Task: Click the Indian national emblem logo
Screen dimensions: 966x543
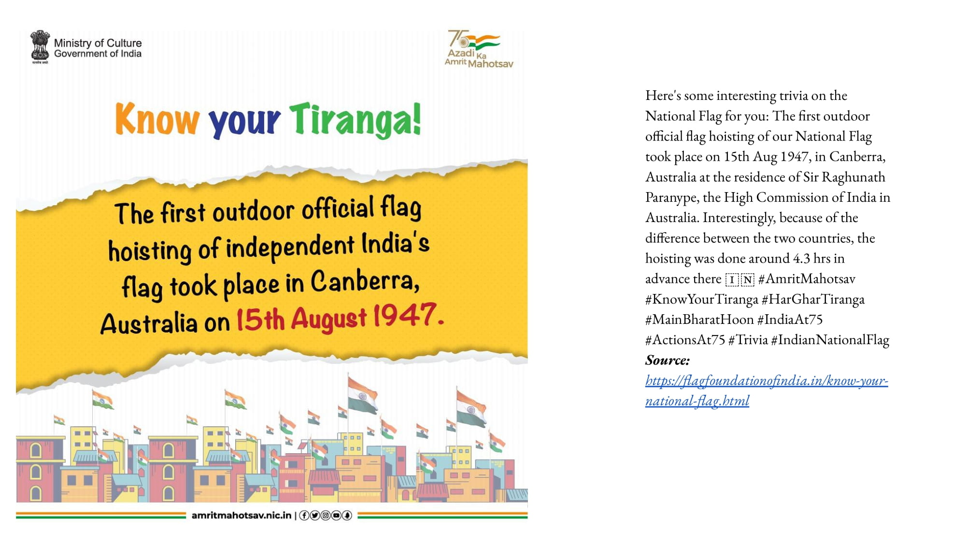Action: coord(40,47)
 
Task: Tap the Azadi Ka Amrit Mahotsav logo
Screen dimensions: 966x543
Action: coord(479,49)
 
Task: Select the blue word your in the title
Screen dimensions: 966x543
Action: coord(244,122)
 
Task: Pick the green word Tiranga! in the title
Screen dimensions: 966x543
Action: coord(355,120)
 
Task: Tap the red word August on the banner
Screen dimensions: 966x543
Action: coord(329,319)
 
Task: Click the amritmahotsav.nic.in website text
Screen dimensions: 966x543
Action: coord(241,515)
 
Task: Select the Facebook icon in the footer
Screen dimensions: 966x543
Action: coord(304,515)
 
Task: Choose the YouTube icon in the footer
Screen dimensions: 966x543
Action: coord(336,515)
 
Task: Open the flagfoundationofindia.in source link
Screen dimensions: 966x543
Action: coord(767,390)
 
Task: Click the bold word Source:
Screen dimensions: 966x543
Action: coord(668,360)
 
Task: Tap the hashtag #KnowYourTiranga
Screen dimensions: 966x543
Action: coord(702,299)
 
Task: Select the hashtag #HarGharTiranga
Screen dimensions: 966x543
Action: coord(813,299)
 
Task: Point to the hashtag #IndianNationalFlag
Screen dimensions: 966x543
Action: coord(830,340)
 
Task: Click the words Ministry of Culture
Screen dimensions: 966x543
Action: coord(98,43)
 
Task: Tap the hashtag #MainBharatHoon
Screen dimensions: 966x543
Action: coord(699,320)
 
